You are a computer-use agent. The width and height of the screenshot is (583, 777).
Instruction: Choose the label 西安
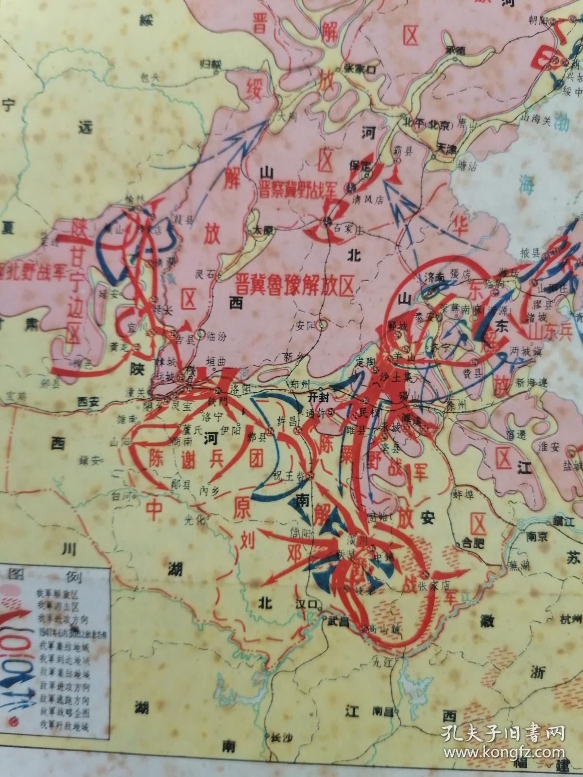click(x=88, y=402)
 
